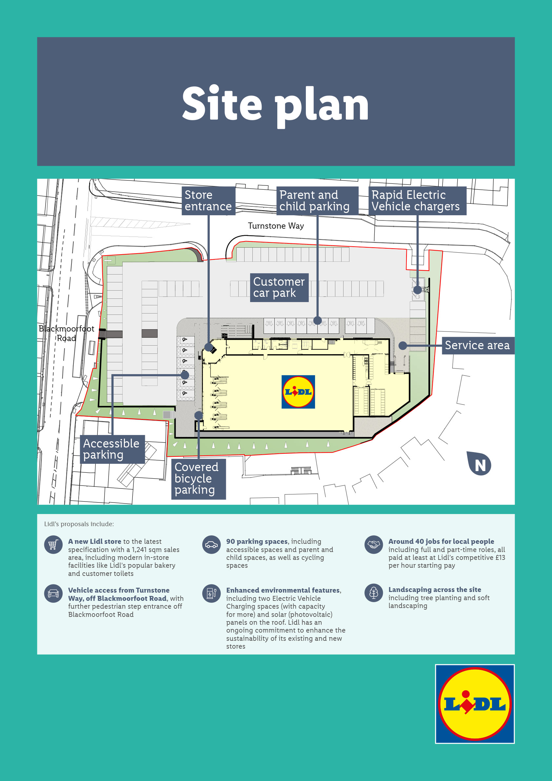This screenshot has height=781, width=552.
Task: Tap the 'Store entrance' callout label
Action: pyautogui.click(x=208, y=201)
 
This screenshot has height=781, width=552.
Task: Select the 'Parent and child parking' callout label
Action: pyautogui.click(x=317, y=201)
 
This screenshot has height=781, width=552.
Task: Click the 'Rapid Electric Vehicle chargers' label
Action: pyautogui.click(x=417, y=201)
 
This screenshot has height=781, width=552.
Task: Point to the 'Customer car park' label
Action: pyautogui.click(x=279, y=287)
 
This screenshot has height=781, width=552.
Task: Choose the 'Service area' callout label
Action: pyautogui.click(x=478, y=346)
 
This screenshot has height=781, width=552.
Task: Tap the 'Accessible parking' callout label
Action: pyautogui.click(x=112, y=449)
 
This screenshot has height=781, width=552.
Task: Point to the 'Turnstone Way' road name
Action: pyautogui.click(x=276, y=226)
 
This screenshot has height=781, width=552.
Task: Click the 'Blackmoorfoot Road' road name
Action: pyautogui.click(x=66, y=333)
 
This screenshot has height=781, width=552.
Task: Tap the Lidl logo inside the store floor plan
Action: pyautogui.click(x=298, y=392)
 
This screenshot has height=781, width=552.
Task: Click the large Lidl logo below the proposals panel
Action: pyautogui.click(x=475, y=704)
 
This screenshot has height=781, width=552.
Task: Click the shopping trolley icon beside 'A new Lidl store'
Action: pyautogui.click(x=53, y=545)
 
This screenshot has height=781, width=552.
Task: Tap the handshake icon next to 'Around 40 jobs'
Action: pyautogui.click(x=373, y=545)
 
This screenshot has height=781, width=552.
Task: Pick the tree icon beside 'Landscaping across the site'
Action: pyautogui.click(x=373, y=593)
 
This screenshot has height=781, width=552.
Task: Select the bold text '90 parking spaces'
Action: pyautogui.click(x=257, y=542)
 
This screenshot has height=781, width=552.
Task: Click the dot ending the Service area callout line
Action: pyautogui.click(x=403, y=346)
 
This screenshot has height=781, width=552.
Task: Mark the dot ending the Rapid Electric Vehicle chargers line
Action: pyautogui.click(x=418, y=290)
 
